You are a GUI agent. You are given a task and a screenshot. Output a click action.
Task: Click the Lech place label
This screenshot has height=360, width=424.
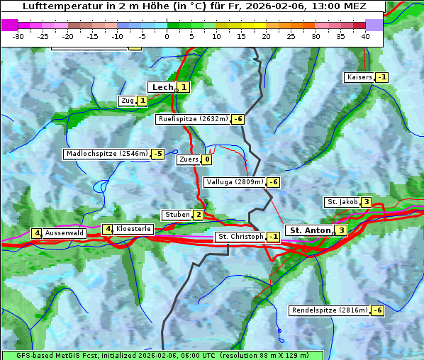(162, 87)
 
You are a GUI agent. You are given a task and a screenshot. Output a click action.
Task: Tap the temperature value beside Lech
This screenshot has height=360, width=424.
(184, 87)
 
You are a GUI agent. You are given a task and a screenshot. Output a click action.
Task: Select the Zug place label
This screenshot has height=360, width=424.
(128, 101)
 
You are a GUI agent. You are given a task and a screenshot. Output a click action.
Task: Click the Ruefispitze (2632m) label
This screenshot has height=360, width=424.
(193, 119)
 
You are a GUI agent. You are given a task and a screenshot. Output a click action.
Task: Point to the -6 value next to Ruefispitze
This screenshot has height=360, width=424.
(238, 119)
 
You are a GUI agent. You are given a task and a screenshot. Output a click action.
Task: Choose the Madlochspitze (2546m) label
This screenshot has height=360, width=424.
(106, 154)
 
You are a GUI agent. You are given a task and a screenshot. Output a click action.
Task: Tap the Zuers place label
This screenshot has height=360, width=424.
(188, 159)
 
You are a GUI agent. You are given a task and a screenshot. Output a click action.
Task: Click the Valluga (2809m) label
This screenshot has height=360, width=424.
(235, 182)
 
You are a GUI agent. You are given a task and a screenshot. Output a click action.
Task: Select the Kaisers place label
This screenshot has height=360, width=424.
(359, 77)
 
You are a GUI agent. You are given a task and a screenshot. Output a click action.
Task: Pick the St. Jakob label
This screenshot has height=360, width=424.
(341, 202)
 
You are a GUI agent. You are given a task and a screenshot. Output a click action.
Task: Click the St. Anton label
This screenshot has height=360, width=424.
(310, 230)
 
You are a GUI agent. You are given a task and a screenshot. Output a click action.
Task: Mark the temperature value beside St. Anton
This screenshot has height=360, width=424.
(342, 230)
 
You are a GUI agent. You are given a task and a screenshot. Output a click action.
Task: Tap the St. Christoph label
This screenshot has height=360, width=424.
(240, 237)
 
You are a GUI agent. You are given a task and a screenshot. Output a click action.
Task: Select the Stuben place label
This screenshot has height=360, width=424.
(177, 215)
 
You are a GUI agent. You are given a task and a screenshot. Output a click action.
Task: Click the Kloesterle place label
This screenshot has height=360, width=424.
(133, 229)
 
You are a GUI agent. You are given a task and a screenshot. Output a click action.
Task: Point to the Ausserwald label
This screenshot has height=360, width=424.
(65, 233)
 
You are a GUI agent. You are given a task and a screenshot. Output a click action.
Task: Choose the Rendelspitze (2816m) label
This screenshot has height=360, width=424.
(330, 310)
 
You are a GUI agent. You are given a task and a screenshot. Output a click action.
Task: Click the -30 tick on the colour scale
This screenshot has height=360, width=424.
(18, 35)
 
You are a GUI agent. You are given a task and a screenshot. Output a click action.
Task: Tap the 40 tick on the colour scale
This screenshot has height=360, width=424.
(365, 35)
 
